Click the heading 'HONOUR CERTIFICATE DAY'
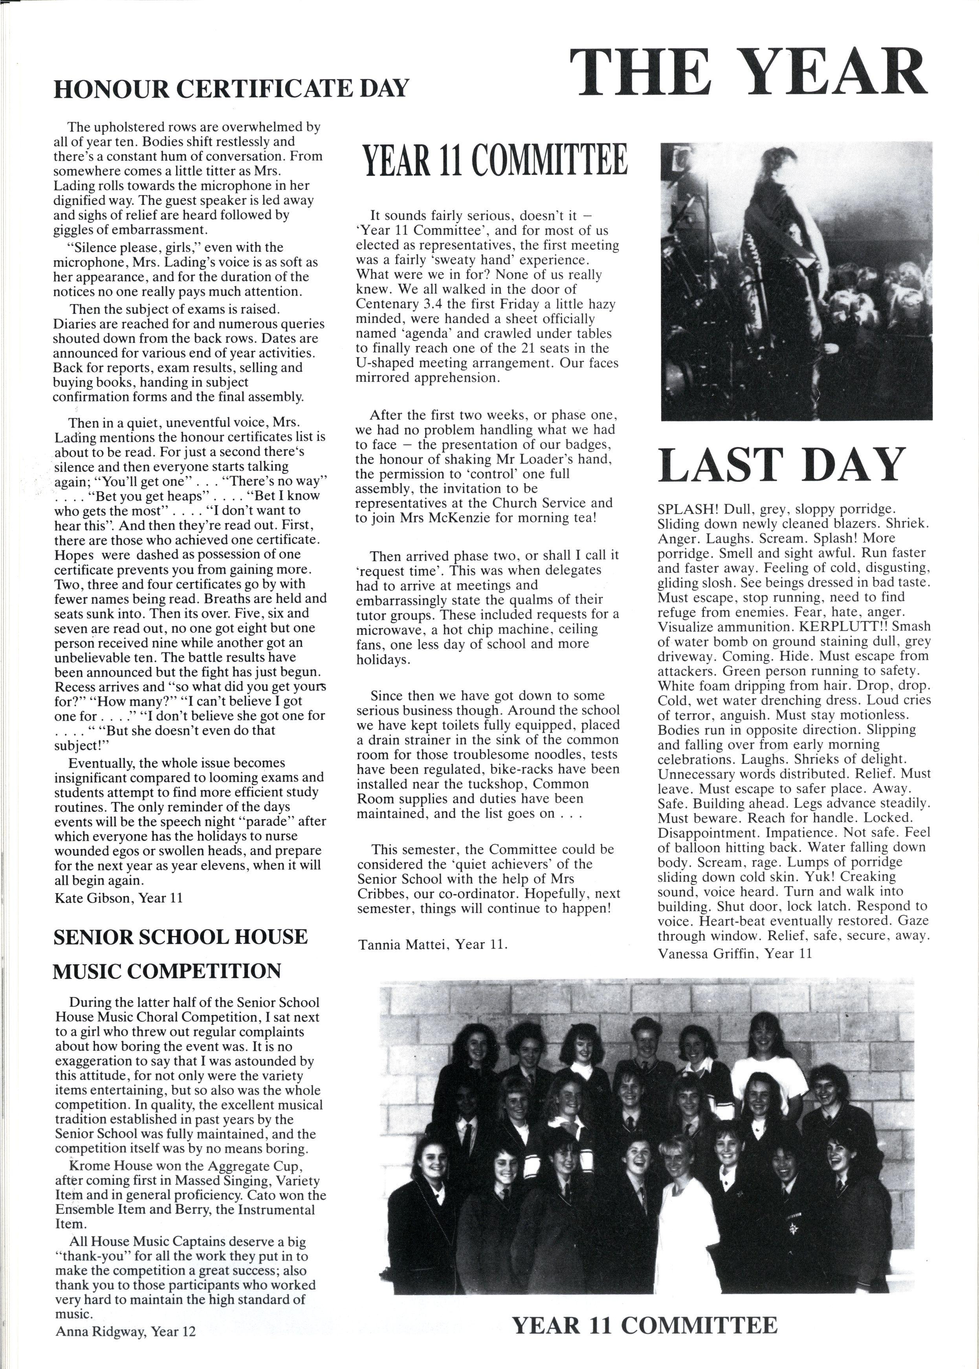pyautogui.click(x=231, y=89)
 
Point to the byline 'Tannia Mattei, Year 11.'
pyautogui.click(x=433, y=944)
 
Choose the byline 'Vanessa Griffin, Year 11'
pyautogui.click(x=735, y=953)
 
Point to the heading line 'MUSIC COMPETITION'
pyautogui.click(x=167, y=971)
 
